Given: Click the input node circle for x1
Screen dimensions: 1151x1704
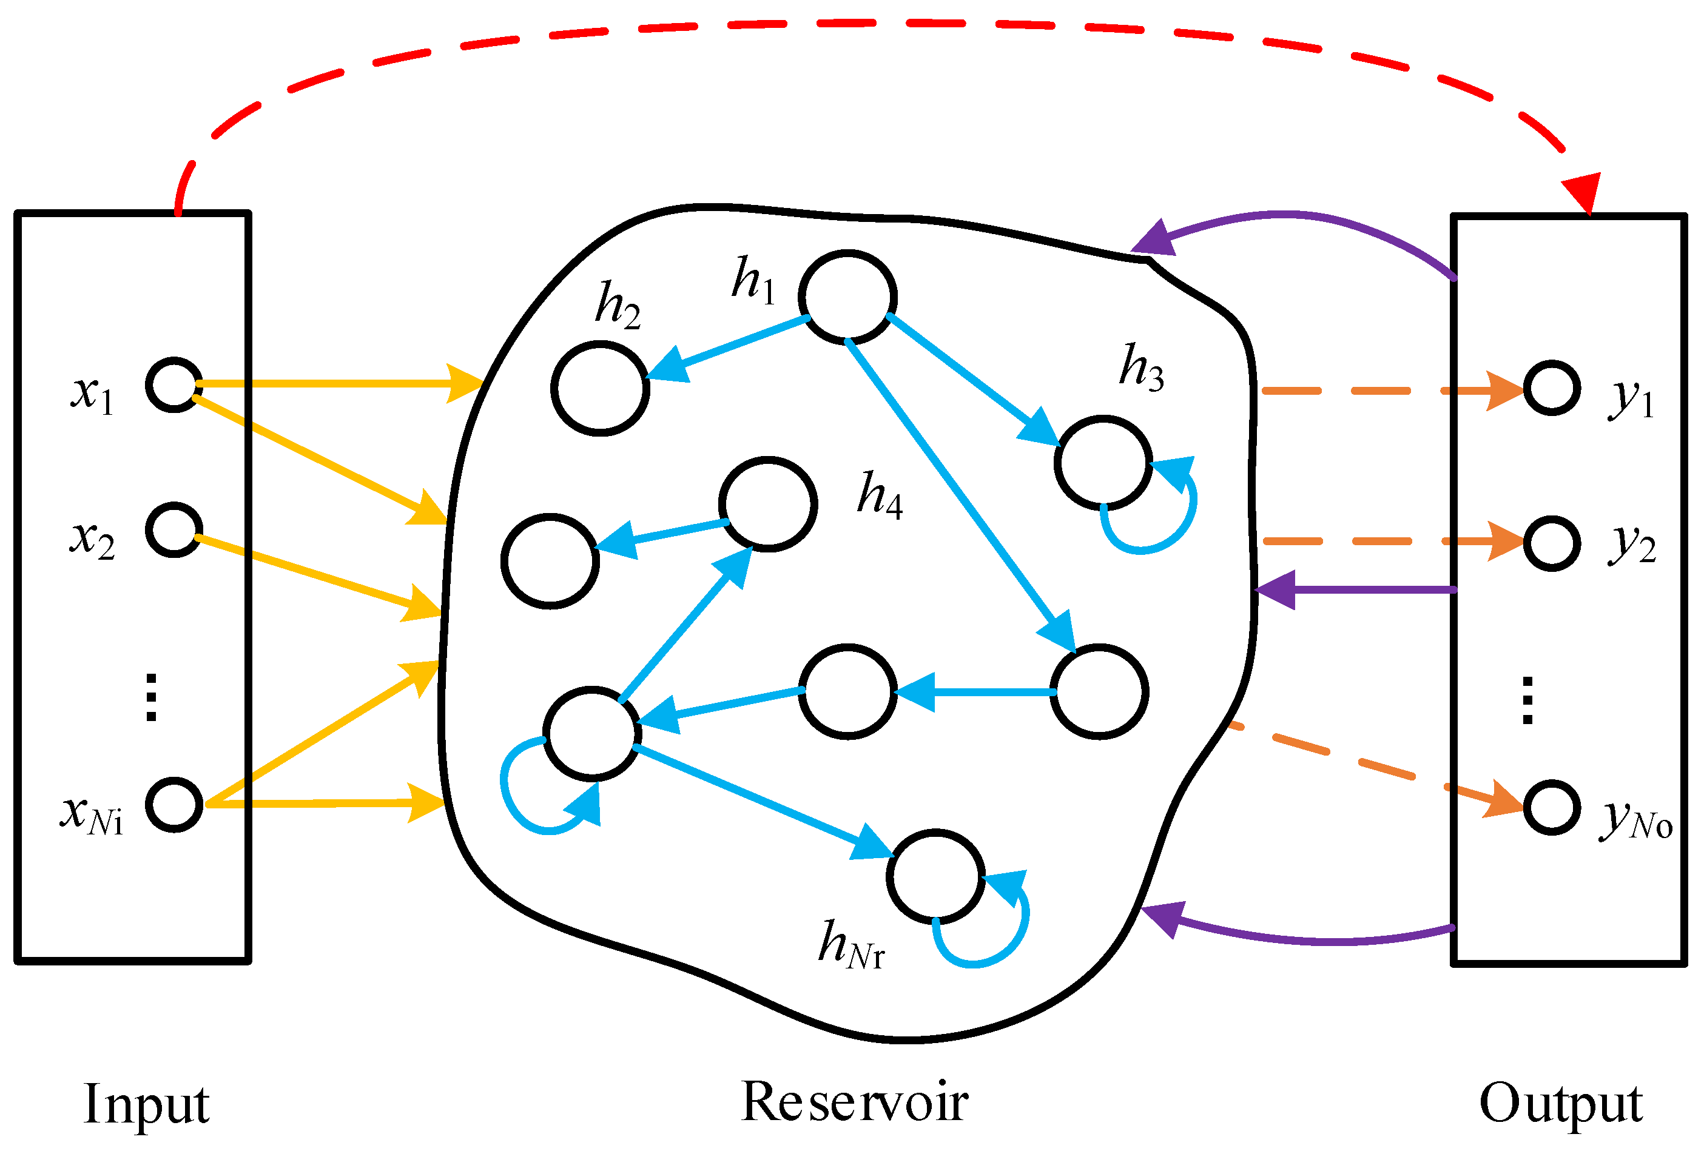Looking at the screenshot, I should [173, 385].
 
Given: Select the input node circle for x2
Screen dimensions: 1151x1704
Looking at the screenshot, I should [173, 530].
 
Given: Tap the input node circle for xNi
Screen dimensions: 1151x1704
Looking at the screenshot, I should [173, 804].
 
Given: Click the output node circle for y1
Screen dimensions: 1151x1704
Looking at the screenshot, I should [1552, 388].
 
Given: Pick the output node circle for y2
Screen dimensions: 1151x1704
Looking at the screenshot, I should [1552, 543].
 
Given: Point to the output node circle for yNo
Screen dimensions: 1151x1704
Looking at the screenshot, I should [1552, 807].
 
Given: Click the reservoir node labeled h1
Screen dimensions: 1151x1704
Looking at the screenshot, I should [847, 297].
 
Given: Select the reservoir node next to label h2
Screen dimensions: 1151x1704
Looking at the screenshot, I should [600, 389].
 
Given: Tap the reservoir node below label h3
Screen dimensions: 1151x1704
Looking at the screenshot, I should [1103, 463].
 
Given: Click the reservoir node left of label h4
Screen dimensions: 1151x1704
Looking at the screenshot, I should [768, 504].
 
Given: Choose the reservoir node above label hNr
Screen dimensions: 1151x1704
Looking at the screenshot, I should [935, 876].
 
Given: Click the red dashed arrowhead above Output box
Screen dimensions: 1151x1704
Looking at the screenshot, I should [1582, 192].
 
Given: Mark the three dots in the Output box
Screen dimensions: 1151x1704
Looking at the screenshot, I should [1527, 700].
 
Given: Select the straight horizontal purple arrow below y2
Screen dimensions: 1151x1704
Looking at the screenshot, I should [1356, 589].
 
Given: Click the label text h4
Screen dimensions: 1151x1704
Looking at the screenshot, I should [879, 495].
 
